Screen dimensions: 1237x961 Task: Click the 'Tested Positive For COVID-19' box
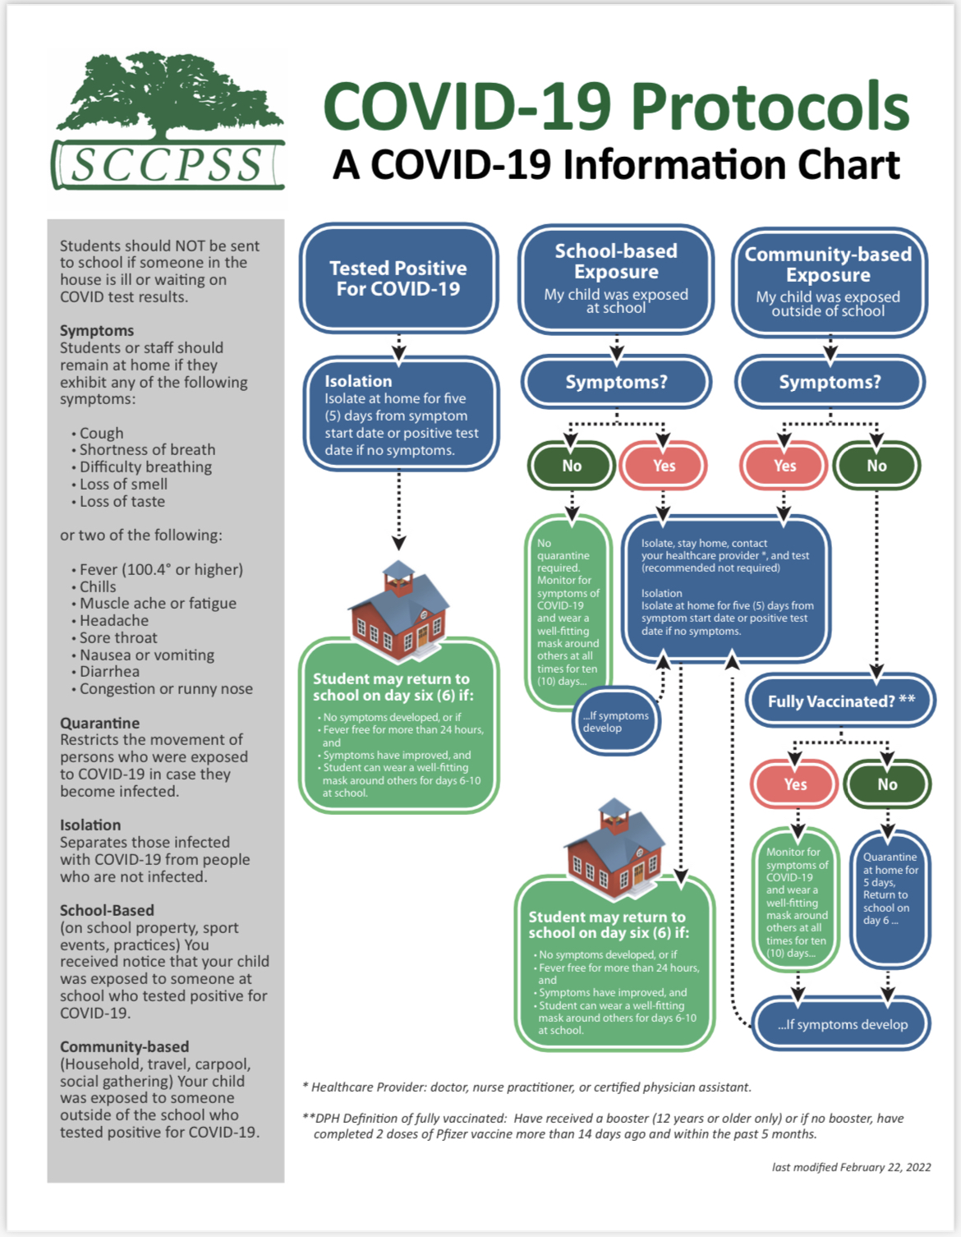point(398,278)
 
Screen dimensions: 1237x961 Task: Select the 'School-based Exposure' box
point(616,278)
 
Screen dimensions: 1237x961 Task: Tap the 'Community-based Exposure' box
point(829,282)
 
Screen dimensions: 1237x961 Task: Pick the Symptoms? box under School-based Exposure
point(616,382)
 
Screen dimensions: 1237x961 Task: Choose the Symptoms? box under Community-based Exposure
point(830,382)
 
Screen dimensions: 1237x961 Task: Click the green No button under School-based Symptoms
point(572,466)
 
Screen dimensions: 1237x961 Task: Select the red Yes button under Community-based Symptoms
point(784,466)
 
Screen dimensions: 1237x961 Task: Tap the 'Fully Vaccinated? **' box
point(840,701)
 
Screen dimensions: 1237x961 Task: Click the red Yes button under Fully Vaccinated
point(794,784)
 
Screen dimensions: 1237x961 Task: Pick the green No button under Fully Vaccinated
point(887,784)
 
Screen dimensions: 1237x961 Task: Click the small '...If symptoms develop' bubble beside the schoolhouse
point(615,721)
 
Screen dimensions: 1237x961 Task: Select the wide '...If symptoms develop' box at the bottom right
point(842,1024)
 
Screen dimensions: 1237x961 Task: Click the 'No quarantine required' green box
point(568,613)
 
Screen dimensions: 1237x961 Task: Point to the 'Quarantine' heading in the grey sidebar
point(99,723)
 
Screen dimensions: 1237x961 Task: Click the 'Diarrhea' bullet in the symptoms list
point(109,671)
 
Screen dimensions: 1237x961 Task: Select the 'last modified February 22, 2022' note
point(851,1166)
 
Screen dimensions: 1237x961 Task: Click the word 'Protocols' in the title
point(770,107)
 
